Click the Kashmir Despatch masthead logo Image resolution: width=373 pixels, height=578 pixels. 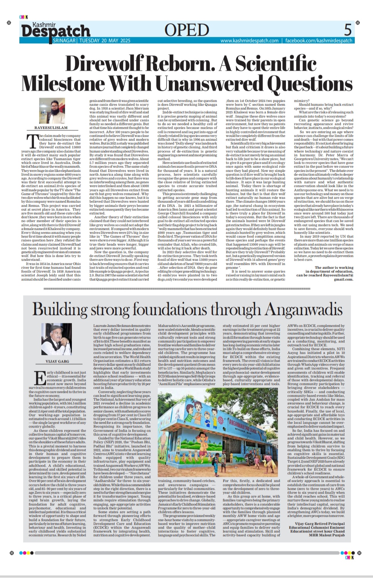tap(55, 30)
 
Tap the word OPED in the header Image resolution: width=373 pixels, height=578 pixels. tap(187, 30)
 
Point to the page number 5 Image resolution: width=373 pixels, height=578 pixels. tap(348, 29)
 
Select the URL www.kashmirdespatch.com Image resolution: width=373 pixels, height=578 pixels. tap(249, 41)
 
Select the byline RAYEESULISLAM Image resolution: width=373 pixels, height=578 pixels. tap(51, 128)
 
